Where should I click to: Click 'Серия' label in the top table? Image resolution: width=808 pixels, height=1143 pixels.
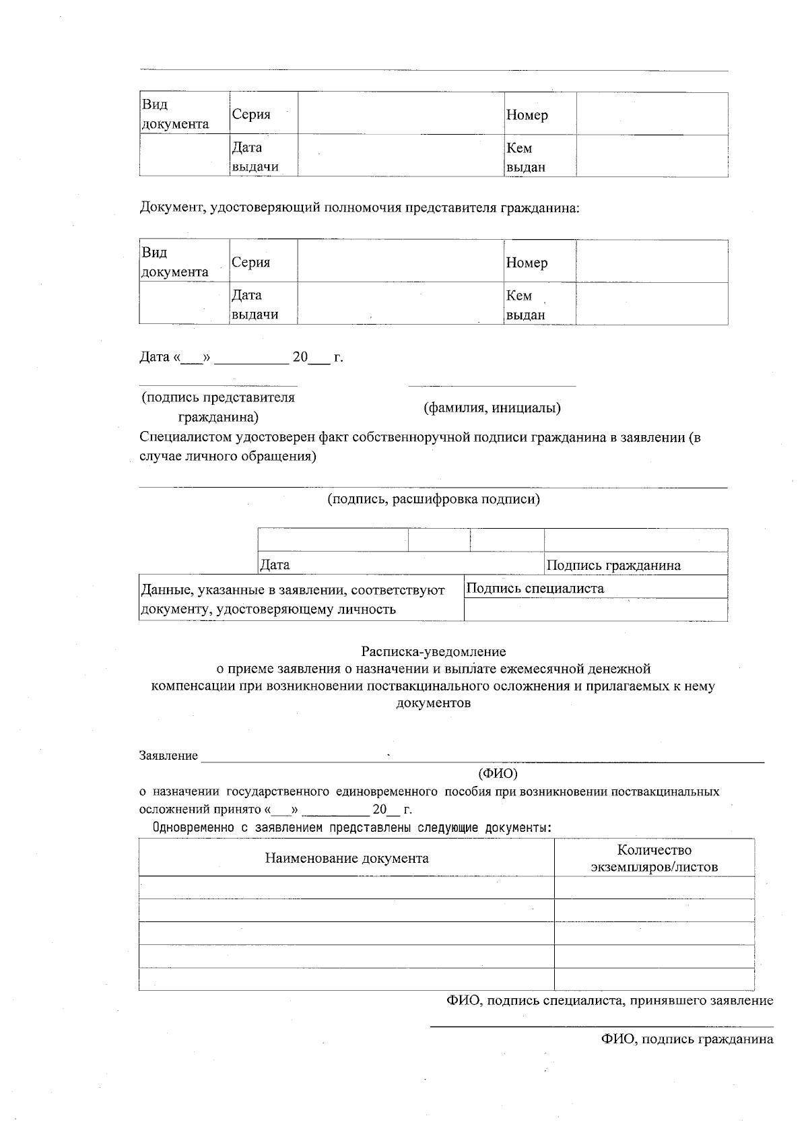coord(251,115)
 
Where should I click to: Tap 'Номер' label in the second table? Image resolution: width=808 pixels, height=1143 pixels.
coord(527,263)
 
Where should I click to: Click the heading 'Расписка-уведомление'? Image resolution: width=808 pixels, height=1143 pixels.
coord(433,651)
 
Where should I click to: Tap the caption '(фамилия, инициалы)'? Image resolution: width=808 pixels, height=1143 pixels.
coord(492,407)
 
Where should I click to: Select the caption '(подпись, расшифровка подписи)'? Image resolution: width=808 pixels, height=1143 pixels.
coord(433,499)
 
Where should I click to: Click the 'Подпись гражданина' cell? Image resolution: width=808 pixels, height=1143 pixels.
coord(613,565)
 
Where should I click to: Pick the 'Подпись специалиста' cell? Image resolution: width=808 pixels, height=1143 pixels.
coord(535,588)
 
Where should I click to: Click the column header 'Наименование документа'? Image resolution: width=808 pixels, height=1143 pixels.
coord(346,858)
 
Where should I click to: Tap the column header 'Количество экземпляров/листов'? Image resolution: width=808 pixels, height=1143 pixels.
coord(654,858)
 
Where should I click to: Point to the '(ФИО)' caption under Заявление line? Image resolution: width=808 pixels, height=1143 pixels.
coord(497,773)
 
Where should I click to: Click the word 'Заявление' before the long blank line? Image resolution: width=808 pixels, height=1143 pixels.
coord(168,756)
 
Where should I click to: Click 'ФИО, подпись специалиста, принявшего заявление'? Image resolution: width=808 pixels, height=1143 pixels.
coord(609,1000)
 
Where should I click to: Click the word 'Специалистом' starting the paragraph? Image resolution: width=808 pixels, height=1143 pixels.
coord(184,437)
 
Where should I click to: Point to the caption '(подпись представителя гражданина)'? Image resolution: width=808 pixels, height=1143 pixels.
coord(217,407)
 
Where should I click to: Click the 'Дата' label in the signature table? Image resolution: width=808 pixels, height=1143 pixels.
coord(275,565)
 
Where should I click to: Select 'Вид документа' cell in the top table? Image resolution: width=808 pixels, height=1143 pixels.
coord(175,115)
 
